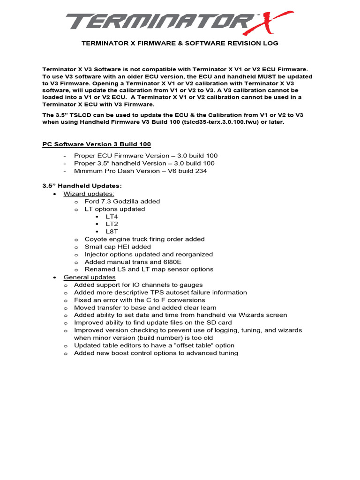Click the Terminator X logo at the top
coord(180,22)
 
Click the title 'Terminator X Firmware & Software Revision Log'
coord(180,43)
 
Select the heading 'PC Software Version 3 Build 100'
coord(97,144)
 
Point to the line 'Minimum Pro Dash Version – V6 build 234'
coord(140,171)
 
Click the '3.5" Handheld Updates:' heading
coord(82,186)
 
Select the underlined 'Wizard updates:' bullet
coord(89,194)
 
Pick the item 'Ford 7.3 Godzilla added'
coord(122,201)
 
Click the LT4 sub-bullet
coord(112,217)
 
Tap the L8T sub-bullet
coord(112,232)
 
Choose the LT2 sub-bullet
coord(112,224)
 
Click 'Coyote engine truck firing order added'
coord(144,239)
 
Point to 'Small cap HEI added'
coord(118,247)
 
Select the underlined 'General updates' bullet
coord(90,277)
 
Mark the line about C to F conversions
coord(139,300)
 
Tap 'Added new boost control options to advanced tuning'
coord(156,353)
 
